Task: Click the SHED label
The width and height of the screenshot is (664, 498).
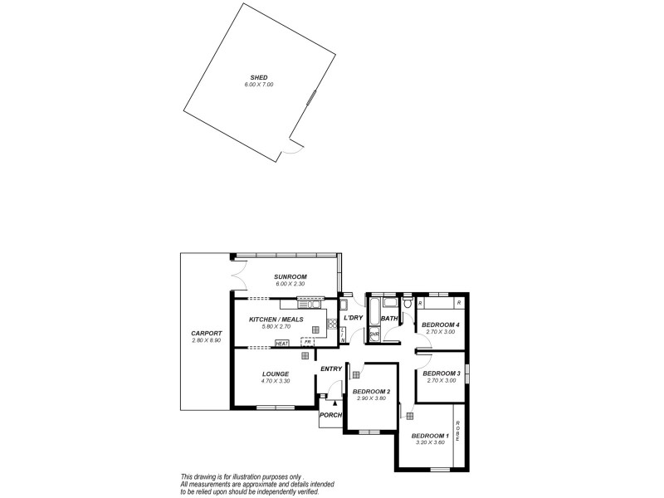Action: coord(257,77)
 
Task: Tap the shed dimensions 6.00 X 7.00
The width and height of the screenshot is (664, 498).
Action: coord(257,85)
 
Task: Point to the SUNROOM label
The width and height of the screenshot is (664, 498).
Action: coord(290,276)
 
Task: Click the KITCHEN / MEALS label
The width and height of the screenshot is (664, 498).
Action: coord(276,319)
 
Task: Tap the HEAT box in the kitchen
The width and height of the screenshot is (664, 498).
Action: coord(281,344)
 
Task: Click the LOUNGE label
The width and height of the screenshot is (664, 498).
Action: coord(275,373)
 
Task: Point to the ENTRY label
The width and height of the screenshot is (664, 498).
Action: coord(331,369)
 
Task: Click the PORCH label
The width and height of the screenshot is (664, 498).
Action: coord(330,414)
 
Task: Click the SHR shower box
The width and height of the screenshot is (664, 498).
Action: coord(373,334)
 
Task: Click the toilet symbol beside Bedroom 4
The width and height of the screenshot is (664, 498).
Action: coord(408,315)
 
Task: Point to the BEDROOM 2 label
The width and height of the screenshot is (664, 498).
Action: coord(370,391)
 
